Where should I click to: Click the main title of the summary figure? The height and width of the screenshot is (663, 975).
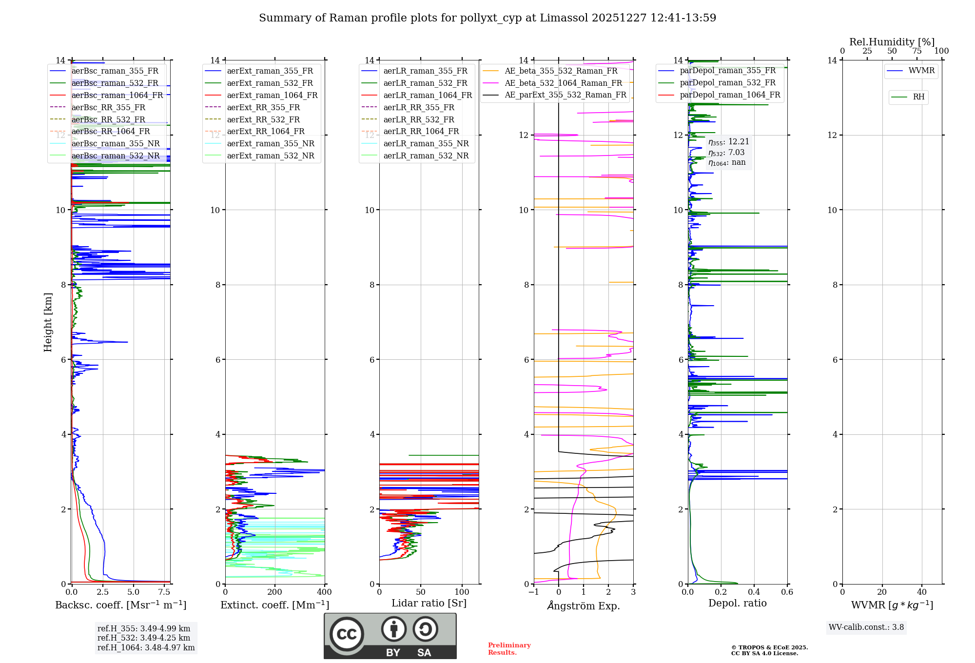[x=487, y=18]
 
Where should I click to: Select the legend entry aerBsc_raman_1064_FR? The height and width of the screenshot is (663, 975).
[x=117, y=95]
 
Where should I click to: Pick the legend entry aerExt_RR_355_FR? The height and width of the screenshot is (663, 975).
[x=263, y=107]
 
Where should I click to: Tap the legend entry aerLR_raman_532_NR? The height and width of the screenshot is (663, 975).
[x=426, y=156]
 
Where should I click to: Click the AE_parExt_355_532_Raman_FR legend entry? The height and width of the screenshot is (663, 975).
[x=565, y=95]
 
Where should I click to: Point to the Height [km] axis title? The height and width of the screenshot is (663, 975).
[x=48, y=322]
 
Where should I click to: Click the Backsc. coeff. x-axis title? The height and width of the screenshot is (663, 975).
[x=120, y=605]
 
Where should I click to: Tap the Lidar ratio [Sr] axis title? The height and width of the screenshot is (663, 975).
[x=429, y=603]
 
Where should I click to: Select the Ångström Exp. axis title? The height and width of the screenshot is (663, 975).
[x=584, y=605]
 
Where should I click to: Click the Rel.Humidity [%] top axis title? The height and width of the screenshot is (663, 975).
[x=892, y=42]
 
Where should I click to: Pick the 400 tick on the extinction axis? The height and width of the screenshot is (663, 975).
[x=324, y=592]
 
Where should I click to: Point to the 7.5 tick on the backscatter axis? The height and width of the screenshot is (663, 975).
[x=164, y=592]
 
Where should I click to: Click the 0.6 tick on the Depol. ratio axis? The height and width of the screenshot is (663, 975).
[x=787, y=592]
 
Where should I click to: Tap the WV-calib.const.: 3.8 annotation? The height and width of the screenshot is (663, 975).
[x=866, y=627]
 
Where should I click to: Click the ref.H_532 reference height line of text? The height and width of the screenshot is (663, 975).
[x=144, y=638]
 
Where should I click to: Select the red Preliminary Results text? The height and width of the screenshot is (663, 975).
[x=509, y=648]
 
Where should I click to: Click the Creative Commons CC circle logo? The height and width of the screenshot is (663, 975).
[x=347, y=634]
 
